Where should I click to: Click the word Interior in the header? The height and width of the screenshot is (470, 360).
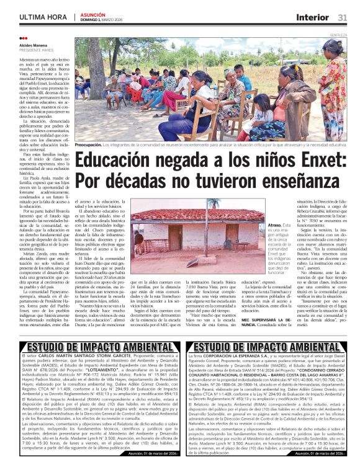[x=312, y=17]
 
